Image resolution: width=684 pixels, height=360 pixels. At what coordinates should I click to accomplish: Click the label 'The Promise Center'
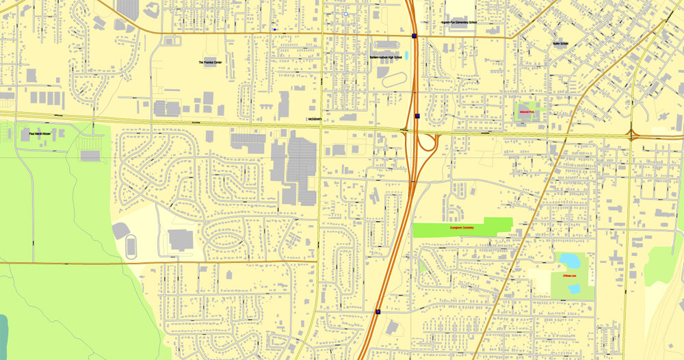point(210,62)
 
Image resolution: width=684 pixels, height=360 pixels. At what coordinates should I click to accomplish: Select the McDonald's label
point(315,119)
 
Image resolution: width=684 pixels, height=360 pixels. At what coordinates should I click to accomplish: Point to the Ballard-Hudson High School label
point(386,57)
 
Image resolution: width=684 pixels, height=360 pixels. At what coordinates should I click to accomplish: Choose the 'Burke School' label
point(560,44)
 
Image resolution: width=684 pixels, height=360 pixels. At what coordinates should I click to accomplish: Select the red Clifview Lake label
point(569,275)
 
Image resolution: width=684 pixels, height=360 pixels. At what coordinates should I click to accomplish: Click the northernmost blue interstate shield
point(415,36)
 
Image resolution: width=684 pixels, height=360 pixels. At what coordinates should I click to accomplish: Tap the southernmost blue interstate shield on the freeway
point(378,311)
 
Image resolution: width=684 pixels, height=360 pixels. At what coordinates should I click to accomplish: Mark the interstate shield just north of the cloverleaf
point(417,116)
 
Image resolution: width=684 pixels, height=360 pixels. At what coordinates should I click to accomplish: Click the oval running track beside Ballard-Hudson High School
point(394,80)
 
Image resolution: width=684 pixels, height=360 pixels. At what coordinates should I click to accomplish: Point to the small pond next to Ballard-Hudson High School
point(406,55)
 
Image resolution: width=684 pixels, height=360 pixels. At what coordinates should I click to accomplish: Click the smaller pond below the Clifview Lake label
point(573,290)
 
